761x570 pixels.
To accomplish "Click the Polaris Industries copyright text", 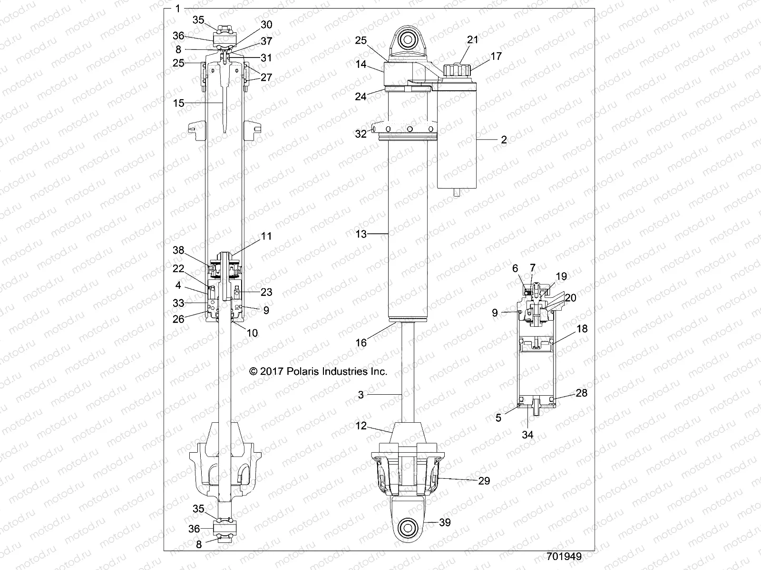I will [x=318, y=371].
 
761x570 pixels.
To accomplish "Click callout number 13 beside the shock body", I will [x=361, y=234].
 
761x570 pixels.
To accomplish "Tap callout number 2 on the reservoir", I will [x=504, y=140].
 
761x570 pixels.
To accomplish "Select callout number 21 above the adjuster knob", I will [x=472, y=40].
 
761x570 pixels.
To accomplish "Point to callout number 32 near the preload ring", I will [x=361, y=134].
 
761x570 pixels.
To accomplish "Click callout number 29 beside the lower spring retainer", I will [x=484, y=481].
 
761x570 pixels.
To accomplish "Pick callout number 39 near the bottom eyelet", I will [x=445, y=522].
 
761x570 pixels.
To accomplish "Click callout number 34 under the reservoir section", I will [x=527, y=434].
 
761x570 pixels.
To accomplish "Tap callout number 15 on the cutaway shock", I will [x=178, y=103].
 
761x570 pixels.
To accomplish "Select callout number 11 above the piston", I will [x=266, y=236].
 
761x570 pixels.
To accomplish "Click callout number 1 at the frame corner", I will [x=177, y=8].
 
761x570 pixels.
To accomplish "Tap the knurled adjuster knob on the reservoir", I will [x=456, y=70].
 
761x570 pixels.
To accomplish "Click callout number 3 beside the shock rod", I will [x=361, y=395].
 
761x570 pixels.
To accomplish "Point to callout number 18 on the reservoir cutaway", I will [x=581, y=329].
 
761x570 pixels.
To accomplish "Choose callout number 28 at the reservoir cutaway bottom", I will [x=581, y=393].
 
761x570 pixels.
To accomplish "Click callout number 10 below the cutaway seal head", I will [x=252, y=332].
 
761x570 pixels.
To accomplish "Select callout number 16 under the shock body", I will [x=361, y=342].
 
